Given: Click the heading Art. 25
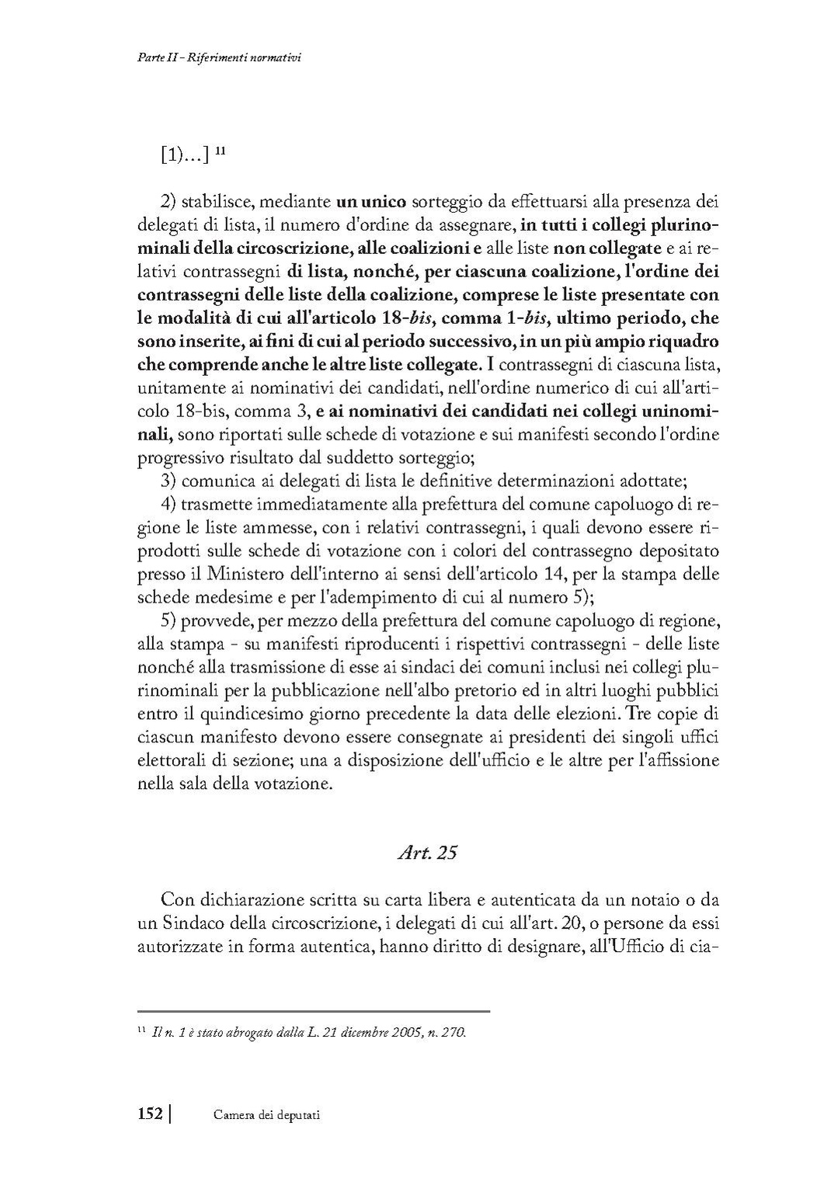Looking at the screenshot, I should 426,853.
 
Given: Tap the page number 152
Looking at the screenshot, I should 149,1114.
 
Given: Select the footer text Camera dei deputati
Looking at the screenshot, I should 266,1115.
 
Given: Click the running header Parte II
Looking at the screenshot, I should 151,57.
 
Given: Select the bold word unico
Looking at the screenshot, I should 382,203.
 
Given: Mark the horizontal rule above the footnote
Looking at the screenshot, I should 313,1011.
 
